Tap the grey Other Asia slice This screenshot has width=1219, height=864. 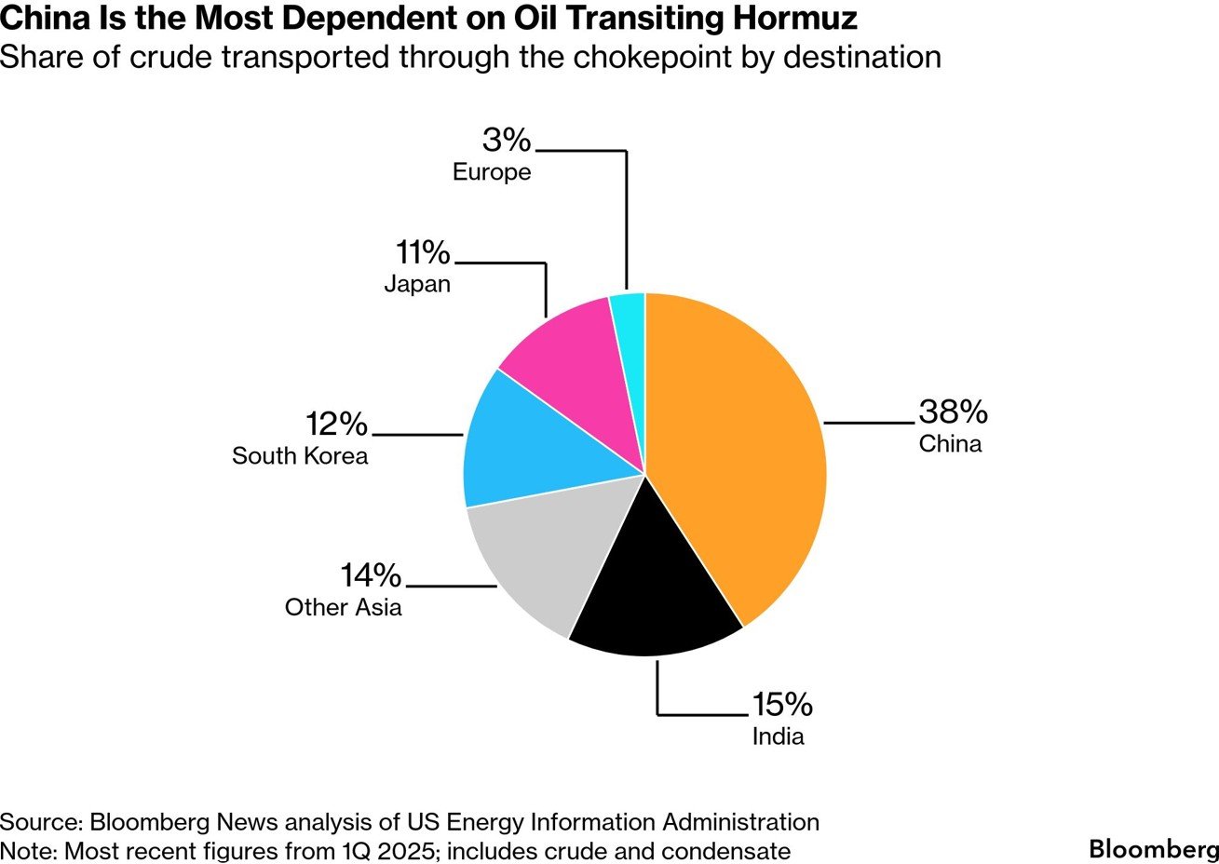click(535, 559)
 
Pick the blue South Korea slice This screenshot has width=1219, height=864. click(521, 447)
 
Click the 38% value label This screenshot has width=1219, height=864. click(953, 412)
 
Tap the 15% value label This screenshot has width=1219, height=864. click(782, 705)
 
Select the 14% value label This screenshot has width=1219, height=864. click(371, 576)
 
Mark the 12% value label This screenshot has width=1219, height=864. click(337, 425)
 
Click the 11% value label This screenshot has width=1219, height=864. click(423, 252)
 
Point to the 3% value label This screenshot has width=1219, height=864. click(507, 141)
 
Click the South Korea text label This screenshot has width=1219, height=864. click(300, 456)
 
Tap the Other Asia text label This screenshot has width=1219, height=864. click(344, 608)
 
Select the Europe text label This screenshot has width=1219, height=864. click(492, 172)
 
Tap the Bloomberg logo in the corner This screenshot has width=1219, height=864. click(1153, 849)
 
